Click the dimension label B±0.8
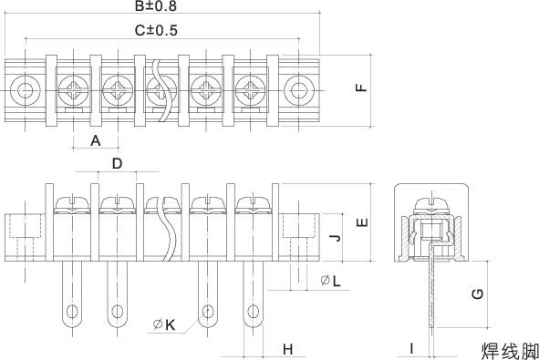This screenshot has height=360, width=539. pyautogui.click(x=155, y=5)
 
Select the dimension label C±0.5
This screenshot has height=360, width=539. pyautogui.click(x=156, y=30)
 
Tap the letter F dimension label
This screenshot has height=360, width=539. pyautogui.click(x=361, y=87)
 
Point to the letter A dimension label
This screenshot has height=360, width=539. pyautogui.click(x=96, y=140)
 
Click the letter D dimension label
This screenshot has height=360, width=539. pyautogui.click(x=118, y=163)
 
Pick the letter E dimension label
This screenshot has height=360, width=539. pyautogui.click(x=362, y=222)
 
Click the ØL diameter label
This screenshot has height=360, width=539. pyautogui.click(x=330, y=281)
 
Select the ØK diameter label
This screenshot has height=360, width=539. pyautogui.click(x=164, y=324)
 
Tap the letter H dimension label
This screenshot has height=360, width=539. pyautogui.click(x=287, y=349)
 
